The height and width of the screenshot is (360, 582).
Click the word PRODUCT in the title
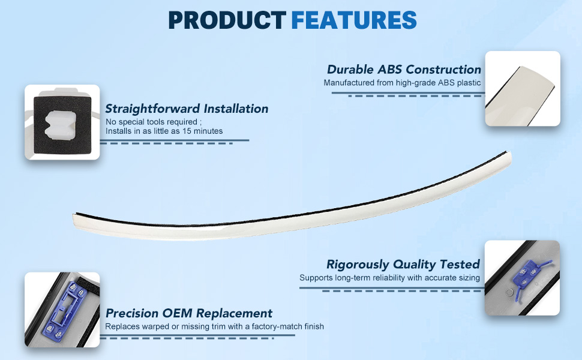click(227, 20)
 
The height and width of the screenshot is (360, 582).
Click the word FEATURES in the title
click(354, 20)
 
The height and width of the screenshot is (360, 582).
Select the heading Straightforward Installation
click(187, 109)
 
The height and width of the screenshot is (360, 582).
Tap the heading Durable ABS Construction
click(404, 70)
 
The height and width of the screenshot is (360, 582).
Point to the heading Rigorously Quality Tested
click(403, 264)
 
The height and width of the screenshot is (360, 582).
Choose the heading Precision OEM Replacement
click(189, 313)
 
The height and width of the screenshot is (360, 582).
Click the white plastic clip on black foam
click(61, 124)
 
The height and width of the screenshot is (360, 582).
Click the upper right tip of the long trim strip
click(509, 152)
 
